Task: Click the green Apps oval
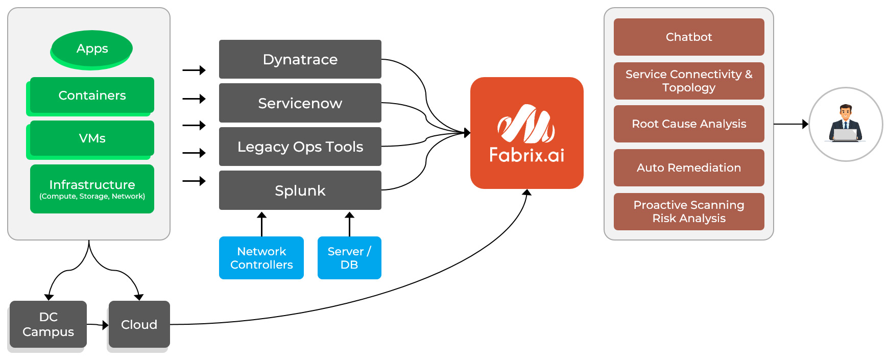(92, 49)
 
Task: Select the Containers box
(92, 95)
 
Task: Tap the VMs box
(92, 138)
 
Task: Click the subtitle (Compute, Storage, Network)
(92, 197)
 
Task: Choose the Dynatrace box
(300, 59)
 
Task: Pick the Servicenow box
(300, 103)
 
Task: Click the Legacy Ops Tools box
(300, 147)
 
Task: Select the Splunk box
(300, 190)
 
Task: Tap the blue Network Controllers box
(261, 258)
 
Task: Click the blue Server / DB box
(349, 258)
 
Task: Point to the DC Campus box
(48, 324)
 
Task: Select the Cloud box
(139, 324)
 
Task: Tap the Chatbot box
(688, 37)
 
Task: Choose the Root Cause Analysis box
(688, 124)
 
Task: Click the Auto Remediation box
(688, 167)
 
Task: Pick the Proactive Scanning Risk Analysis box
(688, 211)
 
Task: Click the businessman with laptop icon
(846, 124)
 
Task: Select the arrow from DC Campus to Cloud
(98, 325)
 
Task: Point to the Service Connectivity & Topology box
(688, 81)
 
